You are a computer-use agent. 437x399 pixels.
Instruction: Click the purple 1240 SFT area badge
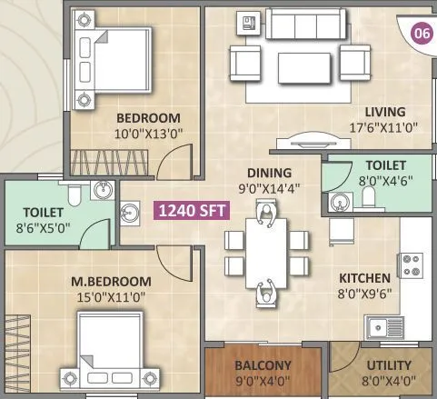pos(193,211)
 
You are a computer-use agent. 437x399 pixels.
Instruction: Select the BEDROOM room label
pos(147,118)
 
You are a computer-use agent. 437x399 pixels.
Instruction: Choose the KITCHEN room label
pos(364,278)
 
